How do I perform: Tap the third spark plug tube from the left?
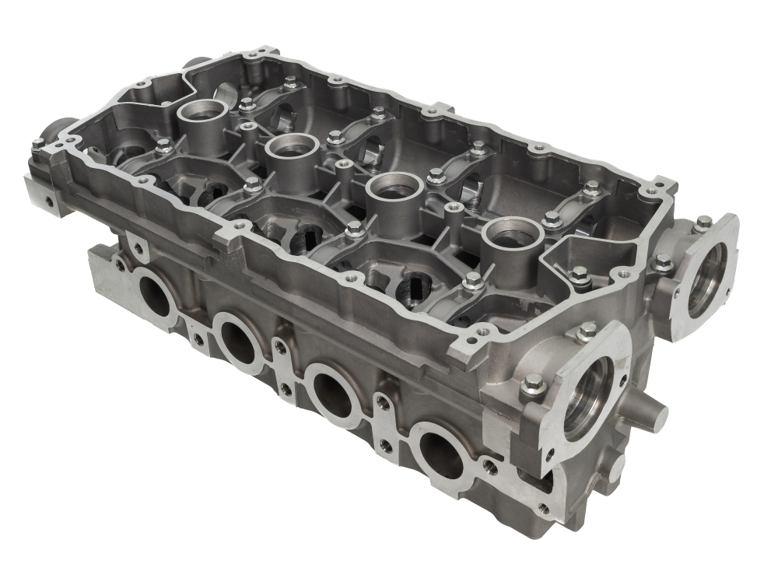coord(394,185)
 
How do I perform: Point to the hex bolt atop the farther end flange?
coord(703,222)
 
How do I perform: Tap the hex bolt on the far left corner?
coord(37,143)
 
